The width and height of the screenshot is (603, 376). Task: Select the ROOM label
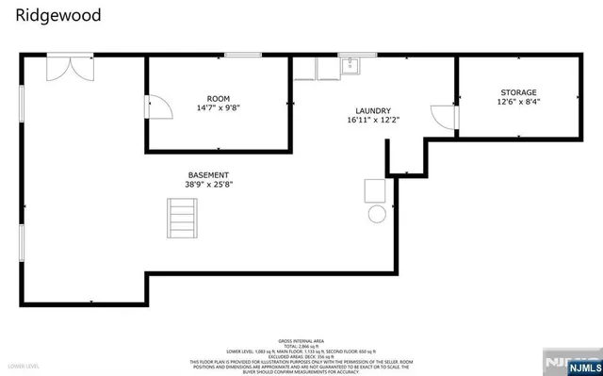(x=219, y=98)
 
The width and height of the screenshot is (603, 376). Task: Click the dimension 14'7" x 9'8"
(x=219, y=108)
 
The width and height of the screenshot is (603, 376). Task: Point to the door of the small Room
(x=158, y=106)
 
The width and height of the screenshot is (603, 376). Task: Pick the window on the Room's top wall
(x=242, y=56)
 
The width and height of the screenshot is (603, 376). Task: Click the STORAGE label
(x=518, y=91)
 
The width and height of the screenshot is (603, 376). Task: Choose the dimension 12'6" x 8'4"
(x=518, y=102)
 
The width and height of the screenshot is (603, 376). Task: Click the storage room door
(x=445, y=116)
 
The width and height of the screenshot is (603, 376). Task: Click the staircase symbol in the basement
(x=183, y=224)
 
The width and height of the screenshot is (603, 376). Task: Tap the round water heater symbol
(x=377, y=214)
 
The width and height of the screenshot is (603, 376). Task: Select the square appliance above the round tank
(x=376, y=190)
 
